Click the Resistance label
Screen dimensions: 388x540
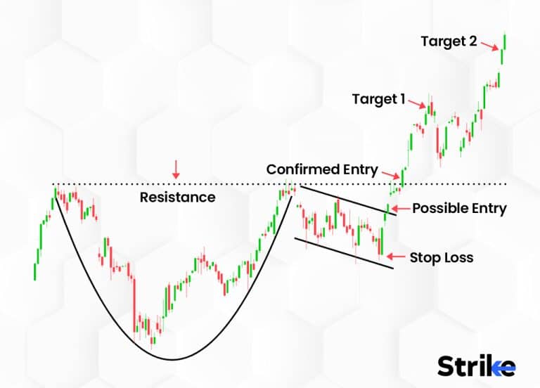click(x=177, y=198)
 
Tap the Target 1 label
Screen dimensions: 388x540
click(x=378, y=99)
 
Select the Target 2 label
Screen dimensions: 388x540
click(x=449, y=41)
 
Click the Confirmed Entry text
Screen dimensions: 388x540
click(x=322, y=170)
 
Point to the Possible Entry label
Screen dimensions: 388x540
click(x=459, y=208)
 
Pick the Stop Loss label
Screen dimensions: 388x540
click(x=441, y=257)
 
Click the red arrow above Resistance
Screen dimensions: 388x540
click(x=176, y=167)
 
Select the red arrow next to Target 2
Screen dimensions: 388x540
click(x=491, y=45)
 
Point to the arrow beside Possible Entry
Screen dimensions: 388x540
click(x=397, y=208)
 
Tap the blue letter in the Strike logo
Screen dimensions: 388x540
click(x=505, y=366)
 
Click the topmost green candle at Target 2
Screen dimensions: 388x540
click(x=506, y=41)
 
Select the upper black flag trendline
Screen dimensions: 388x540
click(x=345, y=200)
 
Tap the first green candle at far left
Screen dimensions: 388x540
click(x=35, y=271)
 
